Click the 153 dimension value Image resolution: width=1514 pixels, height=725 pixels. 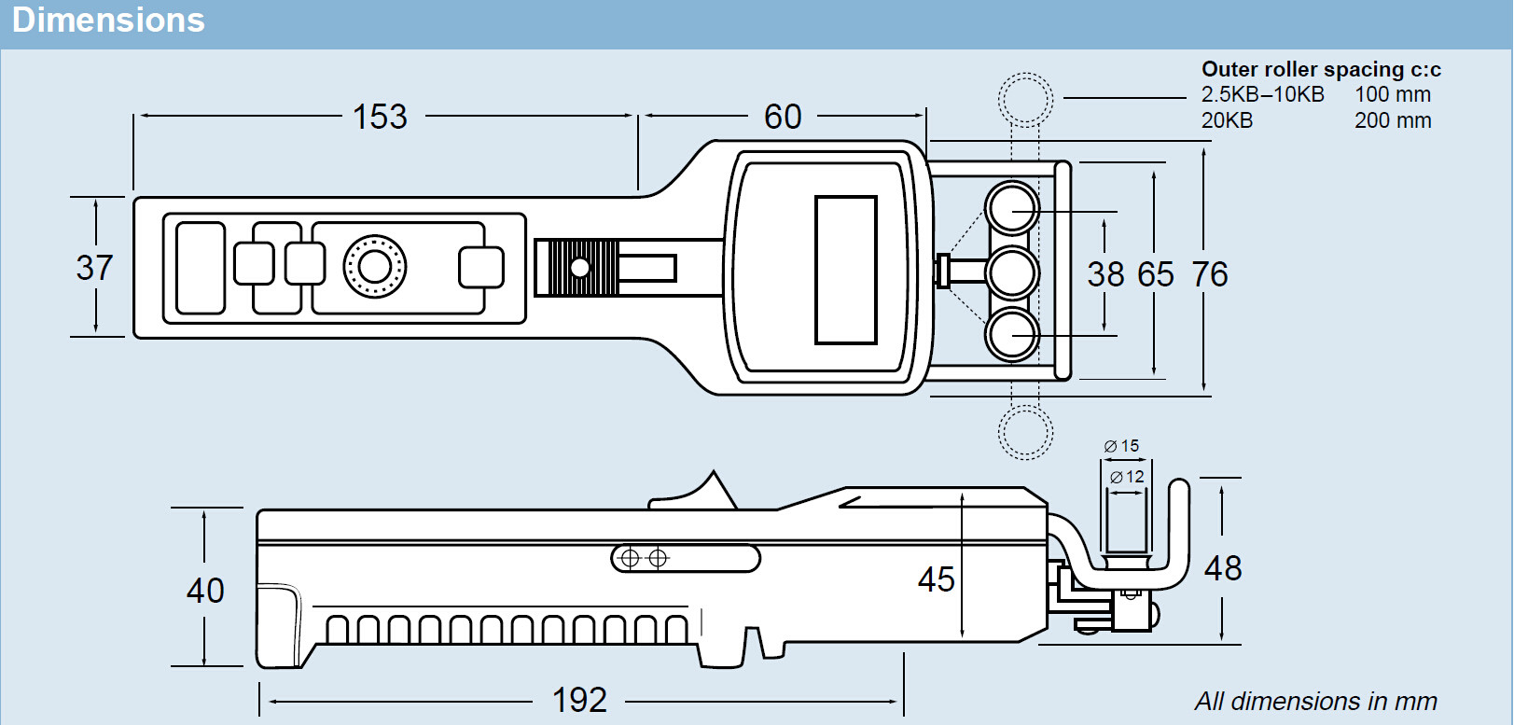tap(380, 118)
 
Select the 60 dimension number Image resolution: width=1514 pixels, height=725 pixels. tap(783, 118)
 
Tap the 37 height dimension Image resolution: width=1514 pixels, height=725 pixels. tap(94, 268)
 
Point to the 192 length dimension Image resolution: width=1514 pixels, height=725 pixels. tap(579, 701)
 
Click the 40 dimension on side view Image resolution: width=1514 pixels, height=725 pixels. tap(205, 591)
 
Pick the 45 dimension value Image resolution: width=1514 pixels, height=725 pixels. tap(936, 579)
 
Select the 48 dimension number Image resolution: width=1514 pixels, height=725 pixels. tap(1223, 568)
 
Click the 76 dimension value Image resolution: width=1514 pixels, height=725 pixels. tap(1210, 274)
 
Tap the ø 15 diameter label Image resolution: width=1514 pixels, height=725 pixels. tap(1121, 446)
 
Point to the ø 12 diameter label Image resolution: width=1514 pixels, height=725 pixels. tap(1127, 477)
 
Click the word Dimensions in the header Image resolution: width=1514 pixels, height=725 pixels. tap(108, 21)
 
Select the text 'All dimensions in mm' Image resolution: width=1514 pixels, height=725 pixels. tap(1315, 701)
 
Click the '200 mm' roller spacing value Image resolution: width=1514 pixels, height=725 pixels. tap(1393, 120)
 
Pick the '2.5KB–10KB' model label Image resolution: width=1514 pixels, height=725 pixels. tap(1262, 94)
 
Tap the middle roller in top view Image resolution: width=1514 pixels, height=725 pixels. tap(1012, 272)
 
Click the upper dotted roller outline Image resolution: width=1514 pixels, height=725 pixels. tap(1025, 98)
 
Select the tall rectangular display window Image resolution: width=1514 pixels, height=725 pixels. tap(846, 270)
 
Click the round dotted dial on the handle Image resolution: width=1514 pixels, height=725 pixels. tap(375, 267)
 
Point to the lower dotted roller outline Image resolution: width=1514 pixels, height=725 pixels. tap(1025, 433)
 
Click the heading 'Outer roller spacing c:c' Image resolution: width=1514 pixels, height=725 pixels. tap(1321, 69)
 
